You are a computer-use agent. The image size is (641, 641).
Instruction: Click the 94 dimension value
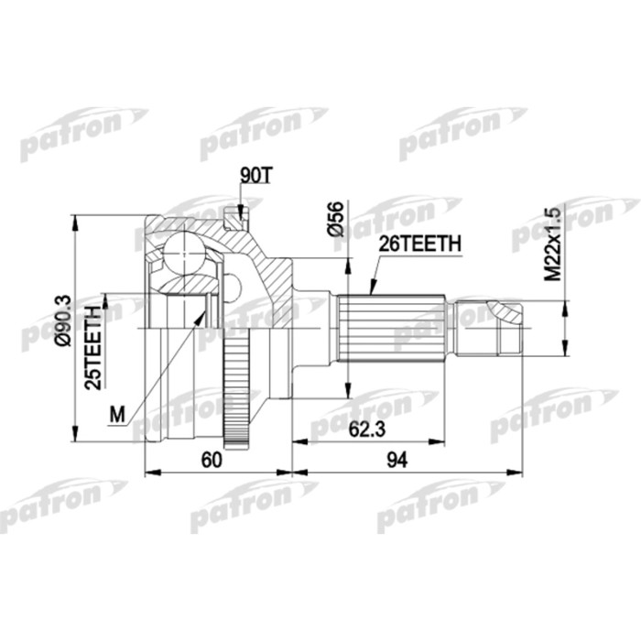pos(397,462)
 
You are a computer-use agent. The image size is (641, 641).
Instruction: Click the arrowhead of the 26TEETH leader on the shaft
pos(372,290)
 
